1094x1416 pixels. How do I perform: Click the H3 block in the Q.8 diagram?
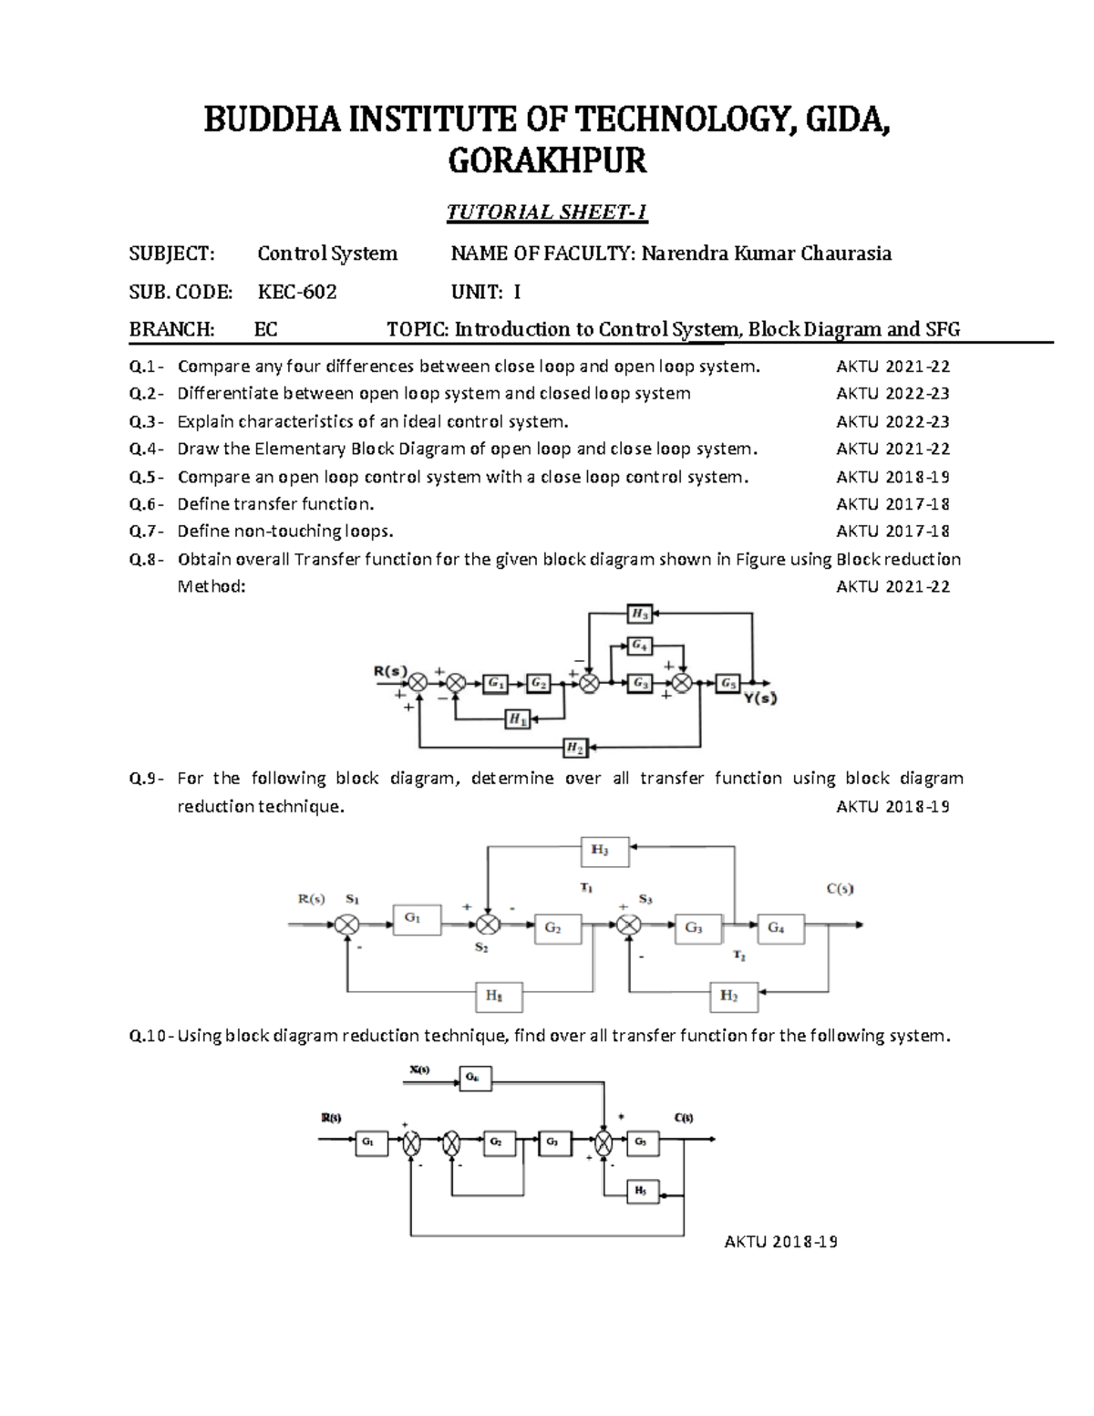coord(640,614)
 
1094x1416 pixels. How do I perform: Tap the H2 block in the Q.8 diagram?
coord(574,748)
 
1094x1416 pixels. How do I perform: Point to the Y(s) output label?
coord(759,698)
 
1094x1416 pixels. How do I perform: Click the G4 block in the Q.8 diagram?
coord(640,646)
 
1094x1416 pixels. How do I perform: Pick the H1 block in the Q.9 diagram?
coord(498,996)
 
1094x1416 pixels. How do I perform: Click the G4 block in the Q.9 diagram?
coord(778,928)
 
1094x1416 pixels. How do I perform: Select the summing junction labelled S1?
coord(346,925)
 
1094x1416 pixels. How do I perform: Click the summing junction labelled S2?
coord(489,925)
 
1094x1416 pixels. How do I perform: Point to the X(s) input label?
coord(419,1070)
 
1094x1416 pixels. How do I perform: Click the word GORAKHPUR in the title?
coord(546,161)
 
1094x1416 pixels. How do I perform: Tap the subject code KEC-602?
coord(297,292)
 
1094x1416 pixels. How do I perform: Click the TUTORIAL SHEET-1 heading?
coord(546,212)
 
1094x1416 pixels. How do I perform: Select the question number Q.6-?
coord(147,504)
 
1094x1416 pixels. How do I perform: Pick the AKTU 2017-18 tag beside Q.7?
coord(893,532)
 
